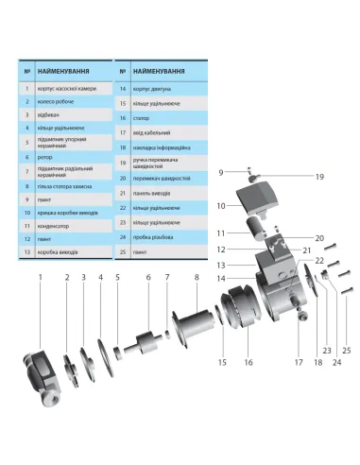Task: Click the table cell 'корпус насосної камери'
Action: (72, 87)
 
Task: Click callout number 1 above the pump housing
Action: (41, 278)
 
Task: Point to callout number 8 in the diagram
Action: (197, 278)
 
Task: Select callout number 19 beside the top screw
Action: (293, 177)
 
